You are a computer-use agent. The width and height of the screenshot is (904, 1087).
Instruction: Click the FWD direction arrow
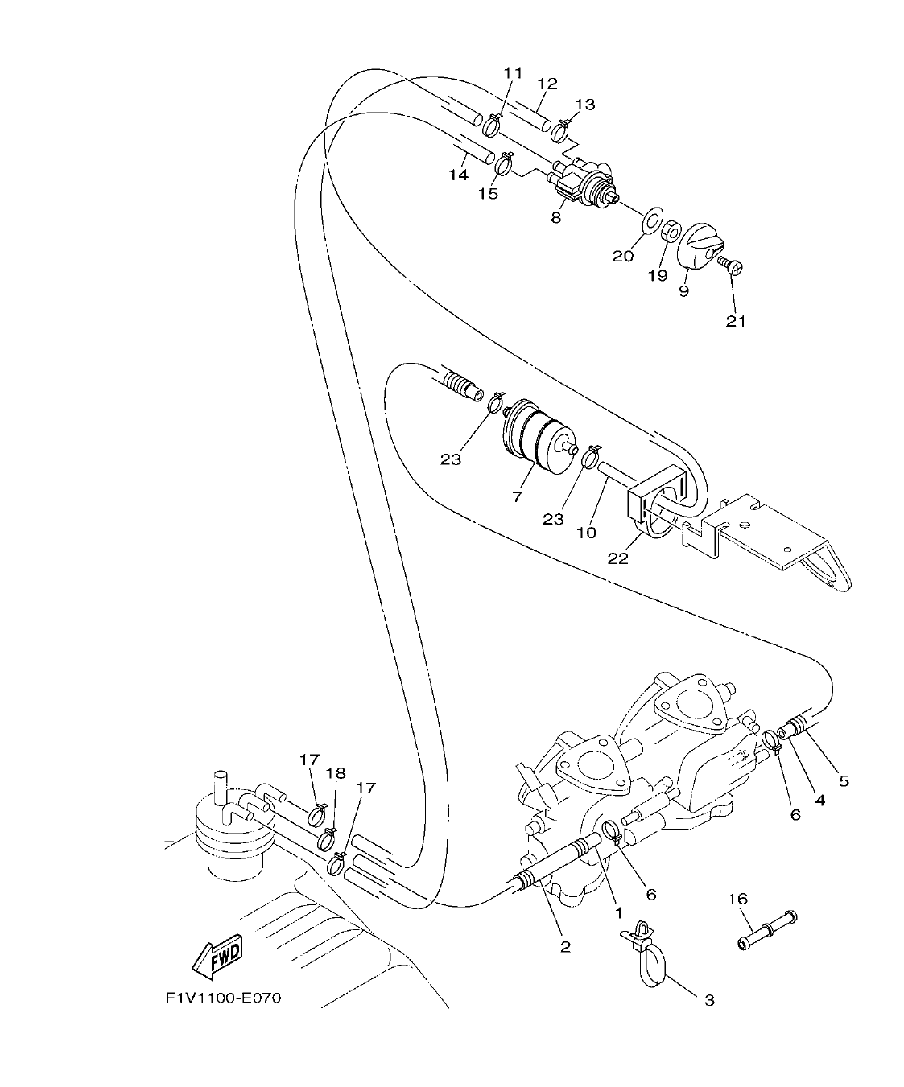[218, 956]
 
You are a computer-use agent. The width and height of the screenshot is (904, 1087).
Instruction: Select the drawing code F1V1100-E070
[223, 998]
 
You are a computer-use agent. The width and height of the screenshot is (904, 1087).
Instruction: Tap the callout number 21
[736, 321]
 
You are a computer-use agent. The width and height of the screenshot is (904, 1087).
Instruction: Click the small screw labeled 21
[731, 264]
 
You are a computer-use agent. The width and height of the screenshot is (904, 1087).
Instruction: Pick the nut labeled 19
[670, 233]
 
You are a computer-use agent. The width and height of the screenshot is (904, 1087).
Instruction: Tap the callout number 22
[617, 558]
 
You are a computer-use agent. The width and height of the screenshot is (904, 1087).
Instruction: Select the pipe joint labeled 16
[766, 928]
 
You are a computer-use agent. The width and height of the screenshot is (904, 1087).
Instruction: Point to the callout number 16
[737, 898]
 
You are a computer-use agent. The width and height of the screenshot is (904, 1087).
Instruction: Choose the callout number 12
[547, 83]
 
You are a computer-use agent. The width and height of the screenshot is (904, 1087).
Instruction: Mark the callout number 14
[458, 175]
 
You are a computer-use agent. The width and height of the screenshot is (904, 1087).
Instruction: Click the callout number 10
[585, 533]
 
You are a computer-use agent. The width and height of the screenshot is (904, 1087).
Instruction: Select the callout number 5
[843, 780]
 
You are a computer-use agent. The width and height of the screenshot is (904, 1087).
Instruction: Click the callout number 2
[565, 947]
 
